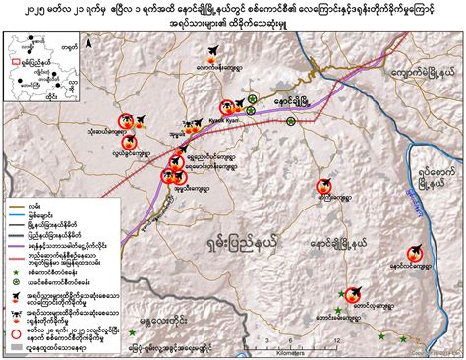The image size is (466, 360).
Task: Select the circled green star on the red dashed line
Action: (x=292, y=120)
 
